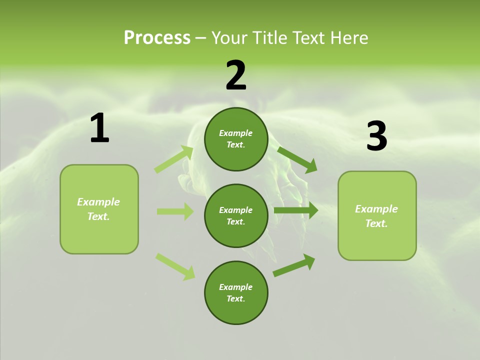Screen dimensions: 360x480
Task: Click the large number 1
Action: click(x=99, y=128)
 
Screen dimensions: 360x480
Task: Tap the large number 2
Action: click(x=236, y=75)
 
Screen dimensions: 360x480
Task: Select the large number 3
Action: click(x=376, y=136)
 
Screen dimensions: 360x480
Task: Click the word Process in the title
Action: click(x=157, y=37)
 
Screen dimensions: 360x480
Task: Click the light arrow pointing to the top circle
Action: click(x=174, y=159)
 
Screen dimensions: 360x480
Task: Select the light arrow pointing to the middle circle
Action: click(x=175, y=211)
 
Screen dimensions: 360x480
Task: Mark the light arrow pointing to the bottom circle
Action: click(x=175, y=266)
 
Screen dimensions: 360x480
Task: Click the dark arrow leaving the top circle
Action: click(x=297, y=159)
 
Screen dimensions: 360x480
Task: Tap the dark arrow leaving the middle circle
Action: click(x=296, y=210)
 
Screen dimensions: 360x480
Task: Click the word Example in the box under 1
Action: click(x=98, y=202)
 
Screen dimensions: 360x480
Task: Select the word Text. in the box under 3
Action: click(x=376, y=223)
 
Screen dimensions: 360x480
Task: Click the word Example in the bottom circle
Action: click(x=235, y=287)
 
